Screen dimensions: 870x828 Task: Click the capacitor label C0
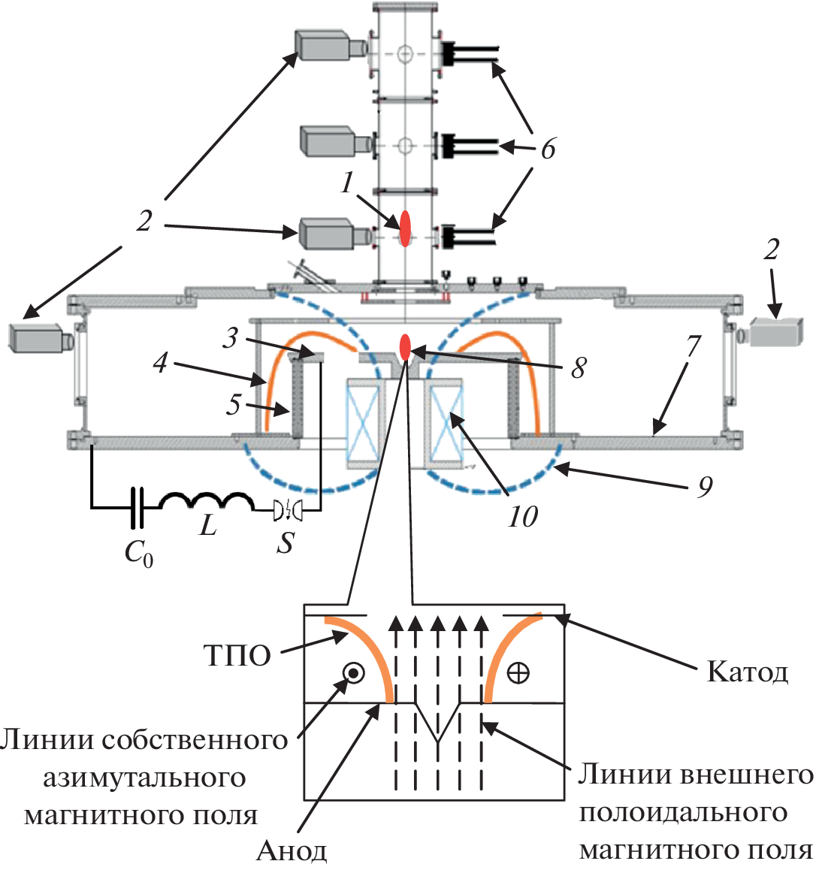pos(138,554)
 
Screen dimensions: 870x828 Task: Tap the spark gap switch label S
pos(285,542)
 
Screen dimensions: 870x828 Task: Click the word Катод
pos(748,671)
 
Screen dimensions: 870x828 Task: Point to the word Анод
pos(292,850)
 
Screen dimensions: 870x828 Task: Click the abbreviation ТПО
pos(237,656)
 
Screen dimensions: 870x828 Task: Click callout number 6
pos(548,149)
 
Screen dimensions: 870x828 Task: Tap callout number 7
pos(693,347)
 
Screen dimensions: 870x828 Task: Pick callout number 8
pos(579,367)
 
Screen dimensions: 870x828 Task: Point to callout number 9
pos(704,487)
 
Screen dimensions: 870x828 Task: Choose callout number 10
pos(522,517)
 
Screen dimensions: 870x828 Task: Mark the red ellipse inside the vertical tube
pos(405,228)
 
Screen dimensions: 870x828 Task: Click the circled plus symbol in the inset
pos(518,672)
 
